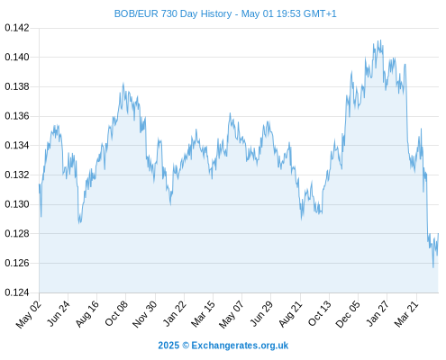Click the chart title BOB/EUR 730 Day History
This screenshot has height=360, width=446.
pyautogui.click(x=173, y=13)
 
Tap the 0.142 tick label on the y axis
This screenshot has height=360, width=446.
pyautogui.click(x=17, y=28)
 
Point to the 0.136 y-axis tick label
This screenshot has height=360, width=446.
pyautogui.click(x=17, y=116)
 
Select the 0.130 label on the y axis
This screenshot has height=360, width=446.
pyautogui.click(x=17, y=204)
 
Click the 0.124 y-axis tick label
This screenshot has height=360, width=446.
pyautogui.click(x=17, y=292)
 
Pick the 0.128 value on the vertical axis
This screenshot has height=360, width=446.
pyautogui.click(x=17, y=233)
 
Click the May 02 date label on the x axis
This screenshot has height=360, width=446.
pyautogui.click(x=28, y=314)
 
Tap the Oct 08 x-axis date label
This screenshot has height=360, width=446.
pyautogui.click(x=116, y=313)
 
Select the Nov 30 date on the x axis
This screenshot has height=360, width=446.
pyautogui.click(x=144, y=314)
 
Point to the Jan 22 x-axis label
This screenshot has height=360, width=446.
pyautogui.click(x=174, y=313)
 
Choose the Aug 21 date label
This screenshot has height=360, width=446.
pyautogui.click(x=290, y=314)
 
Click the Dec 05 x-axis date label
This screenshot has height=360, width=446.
pyautogui.click(x=347, y=314)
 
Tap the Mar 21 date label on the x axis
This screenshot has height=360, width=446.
pyautogui.click(x=406, y=313)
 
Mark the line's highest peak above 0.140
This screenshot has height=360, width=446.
pyautogui.click(x=380, y=40)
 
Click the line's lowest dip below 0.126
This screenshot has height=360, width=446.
pyautogui.click(x=433, y=267)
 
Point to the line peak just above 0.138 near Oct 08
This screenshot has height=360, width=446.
pyautogui.click(x=123, y=83)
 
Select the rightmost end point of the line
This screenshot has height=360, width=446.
pyautogui.click(x=438, y=233)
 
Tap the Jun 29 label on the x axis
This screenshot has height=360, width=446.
pyautogui.click(x=261, y=313)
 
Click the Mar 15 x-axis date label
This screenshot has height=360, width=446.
pyautogui.click(x=203, y=313)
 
